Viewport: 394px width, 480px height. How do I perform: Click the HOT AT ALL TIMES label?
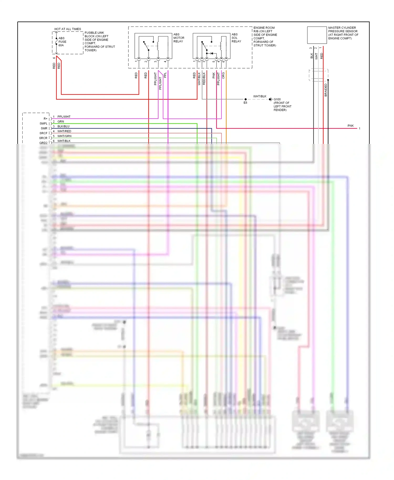pos(68,29)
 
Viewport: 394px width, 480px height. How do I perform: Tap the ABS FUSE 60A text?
pos(62,42)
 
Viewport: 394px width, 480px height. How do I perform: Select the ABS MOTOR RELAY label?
pos(179,38)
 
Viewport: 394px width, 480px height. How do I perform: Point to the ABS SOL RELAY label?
pos(236,38)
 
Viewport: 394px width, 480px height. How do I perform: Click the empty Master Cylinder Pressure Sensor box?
pos(317,35)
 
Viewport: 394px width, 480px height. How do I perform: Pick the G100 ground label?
pos(277,99)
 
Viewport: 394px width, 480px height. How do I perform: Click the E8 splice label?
pos(245,103)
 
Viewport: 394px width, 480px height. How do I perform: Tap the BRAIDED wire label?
pos(326,90)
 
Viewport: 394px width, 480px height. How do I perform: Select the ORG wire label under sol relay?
pos(223,75)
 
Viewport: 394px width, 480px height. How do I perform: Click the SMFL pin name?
pos(44,123)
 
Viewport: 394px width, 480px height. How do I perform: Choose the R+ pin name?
pos(45,119)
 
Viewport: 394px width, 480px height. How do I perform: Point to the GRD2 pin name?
pos(43,143)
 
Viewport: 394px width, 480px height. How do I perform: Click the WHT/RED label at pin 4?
pos(64,131)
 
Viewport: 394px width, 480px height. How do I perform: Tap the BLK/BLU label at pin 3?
pos(63,126)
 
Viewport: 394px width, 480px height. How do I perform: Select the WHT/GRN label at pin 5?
pos(64,136)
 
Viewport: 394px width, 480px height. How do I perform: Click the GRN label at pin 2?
pos(61,122)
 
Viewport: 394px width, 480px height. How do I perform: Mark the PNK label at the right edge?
pos(350,126)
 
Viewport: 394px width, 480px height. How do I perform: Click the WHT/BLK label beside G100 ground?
pos(260,96)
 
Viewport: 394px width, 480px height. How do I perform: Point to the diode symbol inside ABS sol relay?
pos(212,53)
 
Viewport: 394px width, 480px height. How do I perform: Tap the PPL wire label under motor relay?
pos(165,75)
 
